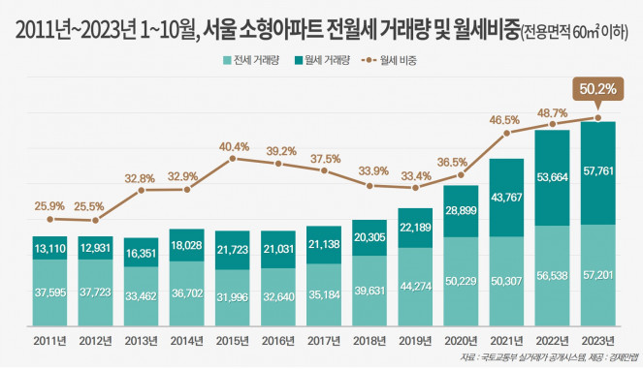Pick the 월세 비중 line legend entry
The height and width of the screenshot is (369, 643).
tap(391, 59)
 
